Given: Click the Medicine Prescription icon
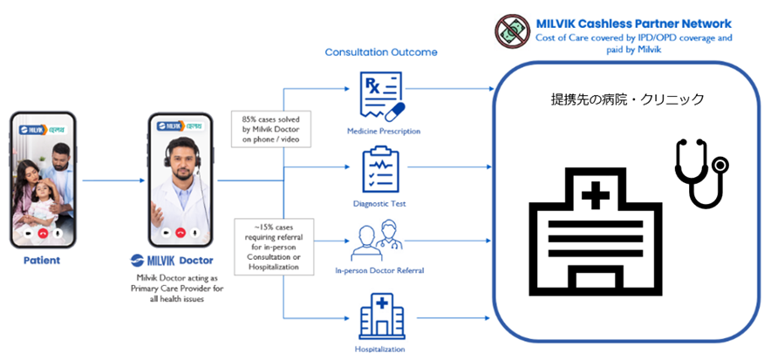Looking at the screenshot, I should (381, 98).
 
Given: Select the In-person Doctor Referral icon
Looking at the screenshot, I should (380, 240).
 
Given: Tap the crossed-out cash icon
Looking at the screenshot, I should (510, 31).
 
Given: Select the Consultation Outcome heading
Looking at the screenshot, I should (381, 52).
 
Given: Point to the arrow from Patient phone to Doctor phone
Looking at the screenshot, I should (113, 180).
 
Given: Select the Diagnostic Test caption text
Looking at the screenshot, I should (381, 204).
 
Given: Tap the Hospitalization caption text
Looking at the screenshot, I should (381, 349).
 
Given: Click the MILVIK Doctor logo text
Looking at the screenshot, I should (182, 259).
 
